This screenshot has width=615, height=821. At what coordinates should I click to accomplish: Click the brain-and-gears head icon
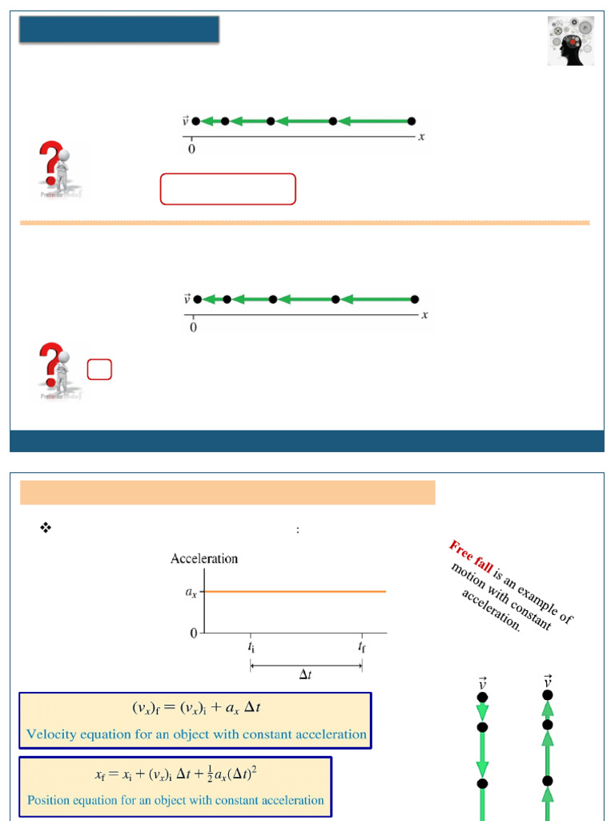571,40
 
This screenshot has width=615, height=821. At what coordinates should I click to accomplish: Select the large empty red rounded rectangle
228,189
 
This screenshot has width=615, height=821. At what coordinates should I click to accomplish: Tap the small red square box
99,369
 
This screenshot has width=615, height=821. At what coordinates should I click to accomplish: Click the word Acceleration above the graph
204,559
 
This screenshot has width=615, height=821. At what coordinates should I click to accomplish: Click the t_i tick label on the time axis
251,646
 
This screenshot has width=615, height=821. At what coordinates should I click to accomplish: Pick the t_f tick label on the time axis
362,646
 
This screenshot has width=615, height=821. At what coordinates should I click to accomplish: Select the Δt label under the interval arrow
306,675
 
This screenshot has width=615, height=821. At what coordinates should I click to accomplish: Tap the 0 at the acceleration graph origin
193,633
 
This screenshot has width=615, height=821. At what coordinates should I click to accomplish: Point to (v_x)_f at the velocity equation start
150,708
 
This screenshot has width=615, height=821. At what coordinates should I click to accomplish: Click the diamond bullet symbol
46,528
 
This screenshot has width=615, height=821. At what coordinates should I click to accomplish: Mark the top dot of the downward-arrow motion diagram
482,698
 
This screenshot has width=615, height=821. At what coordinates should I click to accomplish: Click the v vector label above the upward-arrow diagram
548,681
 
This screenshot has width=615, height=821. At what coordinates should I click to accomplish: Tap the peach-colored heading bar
227,492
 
